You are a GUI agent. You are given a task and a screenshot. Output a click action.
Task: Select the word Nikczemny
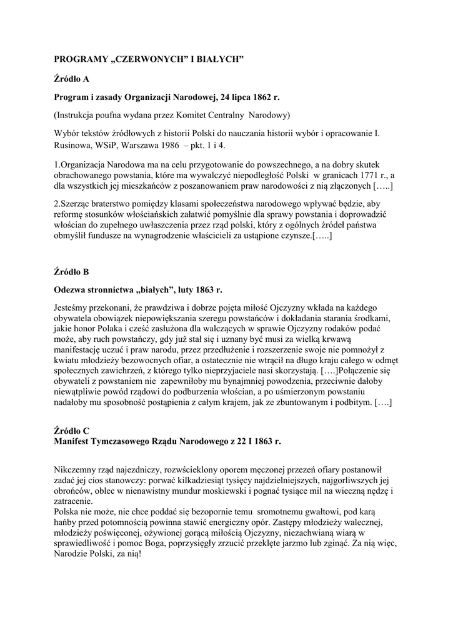(77, 469)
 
